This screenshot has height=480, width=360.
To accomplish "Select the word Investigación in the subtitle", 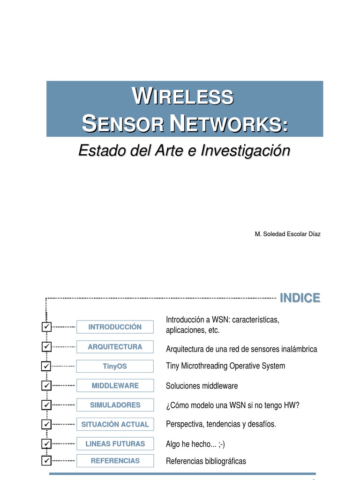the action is pyautogui.click(x=246, y=150).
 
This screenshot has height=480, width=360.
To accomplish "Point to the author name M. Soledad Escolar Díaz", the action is pyautogui.click(x=287, y=234).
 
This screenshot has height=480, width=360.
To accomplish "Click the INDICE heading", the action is pyautogui.click(x=300, y=298).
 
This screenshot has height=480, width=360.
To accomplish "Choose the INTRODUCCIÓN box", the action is pyautogui.click(x=115, y=327).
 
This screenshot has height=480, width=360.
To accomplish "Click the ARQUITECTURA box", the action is pyautogui.click(x=115, y=347).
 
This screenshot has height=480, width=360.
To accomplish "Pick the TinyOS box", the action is pyautogui.click(x=115, y=366).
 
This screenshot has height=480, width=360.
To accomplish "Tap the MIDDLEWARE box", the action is pyautogui.click(x=115, y=385).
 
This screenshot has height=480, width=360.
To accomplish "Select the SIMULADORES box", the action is pyautogui.click(x=115, y=405).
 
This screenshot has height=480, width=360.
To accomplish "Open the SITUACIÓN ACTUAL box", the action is pyautogui.click(x=115, y=424).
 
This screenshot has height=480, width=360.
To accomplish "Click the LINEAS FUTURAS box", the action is pyautogui.click(x=115, y=443).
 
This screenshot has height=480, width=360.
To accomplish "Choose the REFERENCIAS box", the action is pyautogui.click(x=115, y=461).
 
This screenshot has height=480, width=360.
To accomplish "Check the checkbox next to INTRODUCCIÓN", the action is pyautogui.click(x=46, y=327).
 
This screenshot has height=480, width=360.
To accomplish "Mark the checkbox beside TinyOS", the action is pyautogui.click(x=46, y=366).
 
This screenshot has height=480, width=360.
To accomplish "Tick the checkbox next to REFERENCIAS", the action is pyautogui.click(x=46, y=460).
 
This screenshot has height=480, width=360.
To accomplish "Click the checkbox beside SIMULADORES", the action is pyautogui.click(x=46, y=405).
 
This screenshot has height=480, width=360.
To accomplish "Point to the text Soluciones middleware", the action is pyautogui.click(x=202, y=386).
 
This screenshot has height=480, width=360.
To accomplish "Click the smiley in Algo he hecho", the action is pyautogui.click(x=222, y=444).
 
